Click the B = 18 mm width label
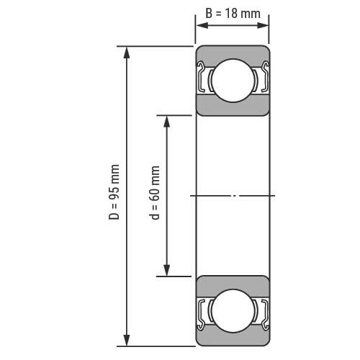(233, 14)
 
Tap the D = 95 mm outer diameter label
(114, 192)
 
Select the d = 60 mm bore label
(154, 192)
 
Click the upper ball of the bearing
(233, 81)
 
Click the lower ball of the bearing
(233, 311)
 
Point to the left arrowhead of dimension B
(202, 25)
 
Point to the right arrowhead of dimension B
(263, 25)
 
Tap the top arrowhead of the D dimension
(127, 53)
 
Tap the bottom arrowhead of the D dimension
(127, 340)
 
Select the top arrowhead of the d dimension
(166, 122)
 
